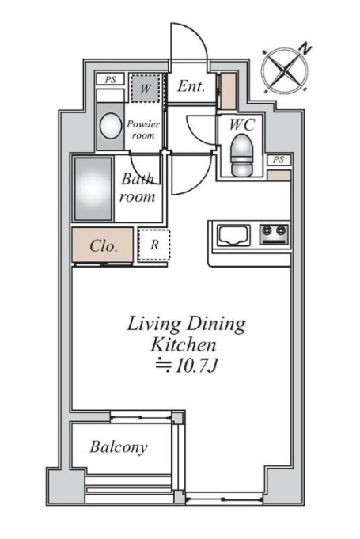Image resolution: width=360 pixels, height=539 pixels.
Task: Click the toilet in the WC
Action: [x=242, y=154]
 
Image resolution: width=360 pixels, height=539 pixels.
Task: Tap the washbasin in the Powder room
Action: [x=110, y=126]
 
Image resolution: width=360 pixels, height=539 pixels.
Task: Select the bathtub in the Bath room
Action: [x=93, y=188]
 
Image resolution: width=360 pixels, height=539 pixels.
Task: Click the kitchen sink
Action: [x=233, y=236]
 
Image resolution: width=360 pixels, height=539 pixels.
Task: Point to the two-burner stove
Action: [x=274, y=233]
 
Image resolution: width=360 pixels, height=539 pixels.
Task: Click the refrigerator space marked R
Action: [x=154, y=245]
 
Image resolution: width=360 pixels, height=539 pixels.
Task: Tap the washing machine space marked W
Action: [x=146, y=89]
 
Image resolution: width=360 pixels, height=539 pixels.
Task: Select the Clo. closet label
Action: [x=104, y=246]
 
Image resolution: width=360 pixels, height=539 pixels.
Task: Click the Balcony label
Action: [x=119, y=447]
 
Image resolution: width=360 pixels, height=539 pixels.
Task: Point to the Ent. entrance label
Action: [x=191, y=86]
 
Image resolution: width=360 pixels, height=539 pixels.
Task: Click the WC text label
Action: [x=242, y=124]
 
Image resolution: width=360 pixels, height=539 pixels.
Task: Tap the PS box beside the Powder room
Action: [x=110, y=80]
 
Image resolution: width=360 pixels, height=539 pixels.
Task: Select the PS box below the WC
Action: [x=279, y=160]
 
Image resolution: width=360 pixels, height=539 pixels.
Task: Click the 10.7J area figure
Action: [x=196, y=366]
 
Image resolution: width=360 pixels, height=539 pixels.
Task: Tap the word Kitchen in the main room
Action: [x=184, y=344]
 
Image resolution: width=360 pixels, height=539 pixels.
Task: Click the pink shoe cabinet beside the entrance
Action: [x=228, y=91]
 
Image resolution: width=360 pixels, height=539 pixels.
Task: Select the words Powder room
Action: [x=143, y=129]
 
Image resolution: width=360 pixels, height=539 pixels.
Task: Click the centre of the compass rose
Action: [x=284, y=70]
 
